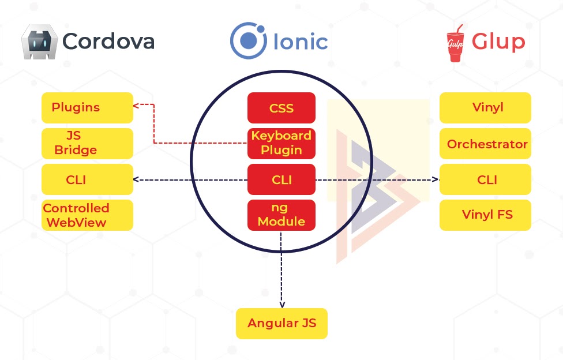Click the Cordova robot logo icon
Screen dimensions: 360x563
(39, 42)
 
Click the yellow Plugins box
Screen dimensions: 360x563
(87, 107)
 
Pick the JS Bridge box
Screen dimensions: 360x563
(87, 144)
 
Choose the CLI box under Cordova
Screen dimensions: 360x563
(87, 179)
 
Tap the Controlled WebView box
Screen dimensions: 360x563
(87, 215)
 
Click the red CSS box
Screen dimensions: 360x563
(281, 108)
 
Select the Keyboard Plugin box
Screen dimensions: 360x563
(281, 143)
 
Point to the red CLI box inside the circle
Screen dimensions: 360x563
(281, 179)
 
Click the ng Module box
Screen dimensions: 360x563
(281, 215)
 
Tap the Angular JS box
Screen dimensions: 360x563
(281, 323)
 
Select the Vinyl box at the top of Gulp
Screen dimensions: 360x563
(485, 107)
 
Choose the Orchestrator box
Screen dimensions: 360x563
(485, 144)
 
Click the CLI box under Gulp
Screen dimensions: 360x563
(485, 179)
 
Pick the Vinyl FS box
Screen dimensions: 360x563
(485, 215)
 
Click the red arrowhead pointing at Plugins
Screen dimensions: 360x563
(136, 106)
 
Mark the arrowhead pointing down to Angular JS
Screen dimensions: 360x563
(281, 304)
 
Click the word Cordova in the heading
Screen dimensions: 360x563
(108, 42)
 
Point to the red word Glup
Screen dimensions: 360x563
(498, 42)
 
